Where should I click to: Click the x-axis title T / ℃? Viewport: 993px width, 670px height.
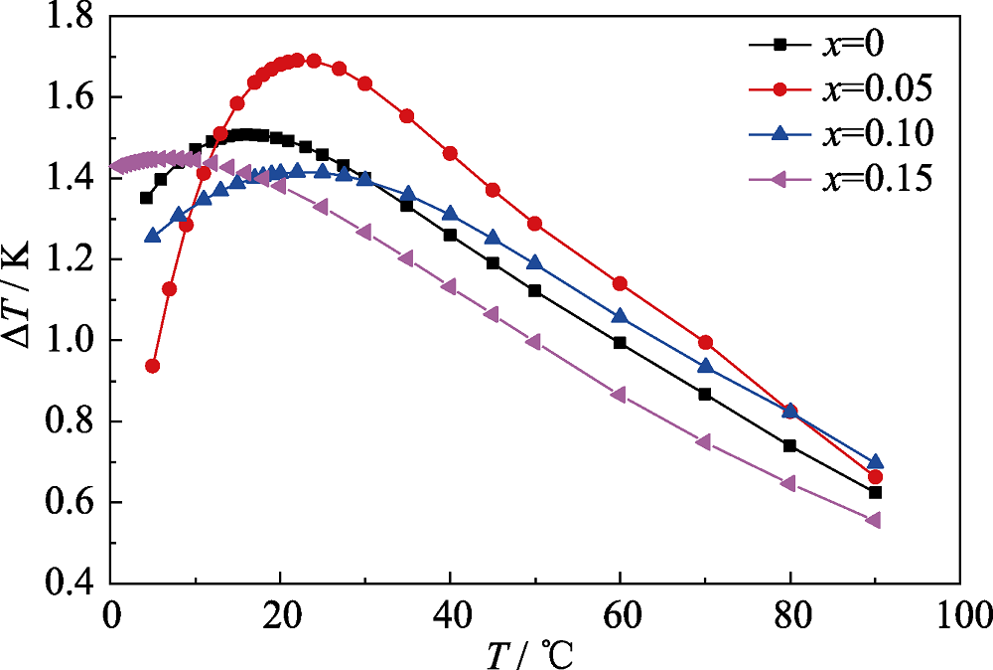pos(530,650)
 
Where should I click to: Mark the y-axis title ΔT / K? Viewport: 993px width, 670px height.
pos(21,298)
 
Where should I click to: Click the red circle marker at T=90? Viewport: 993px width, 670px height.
pos(875,477)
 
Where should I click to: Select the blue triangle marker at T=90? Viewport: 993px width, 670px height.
pos(875,462)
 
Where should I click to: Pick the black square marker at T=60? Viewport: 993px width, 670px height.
pos(620,343)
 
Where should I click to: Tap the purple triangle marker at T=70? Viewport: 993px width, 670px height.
pos(704,441)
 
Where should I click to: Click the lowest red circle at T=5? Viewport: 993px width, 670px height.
pos(153,366)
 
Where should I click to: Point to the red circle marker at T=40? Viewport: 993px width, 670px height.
pos(450,153)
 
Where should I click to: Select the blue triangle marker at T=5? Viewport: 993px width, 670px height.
pos(153,236)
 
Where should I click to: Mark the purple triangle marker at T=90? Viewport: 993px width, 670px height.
pos(874,520)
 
